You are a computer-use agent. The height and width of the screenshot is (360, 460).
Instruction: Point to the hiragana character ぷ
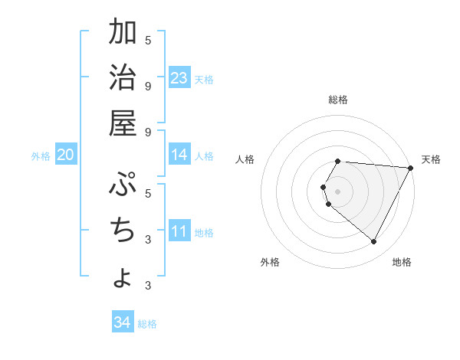[123, 184]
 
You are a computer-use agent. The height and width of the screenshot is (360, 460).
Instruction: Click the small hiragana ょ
[123, 277]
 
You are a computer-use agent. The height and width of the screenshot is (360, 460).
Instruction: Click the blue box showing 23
[179, 77]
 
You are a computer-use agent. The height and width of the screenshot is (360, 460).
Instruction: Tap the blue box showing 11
[179, 231]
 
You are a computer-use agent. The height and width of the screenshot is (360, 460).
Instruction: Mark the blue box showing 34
[122, 322]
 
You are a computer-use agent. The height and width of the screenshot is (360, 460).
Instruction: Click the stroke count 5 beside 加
[148, 40]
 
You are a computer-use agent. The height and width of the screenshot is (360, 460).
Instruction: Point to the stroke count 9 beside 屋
[148, 132]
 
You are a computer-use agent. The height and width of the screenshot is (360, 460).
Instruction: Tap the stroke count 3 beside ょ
[148, 286]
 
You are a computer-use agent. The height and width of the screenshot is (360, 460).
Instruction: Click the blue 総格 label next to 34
[147, 324]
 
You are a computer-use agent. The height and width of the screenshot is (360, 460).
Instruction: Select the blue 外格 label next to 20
[41, 156]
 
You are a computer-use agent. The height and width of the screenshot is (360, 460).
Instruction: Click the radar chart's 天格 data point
[411, 169]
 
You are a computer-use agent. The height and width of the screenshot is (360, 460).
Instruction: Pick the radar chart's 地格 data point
[374, 242]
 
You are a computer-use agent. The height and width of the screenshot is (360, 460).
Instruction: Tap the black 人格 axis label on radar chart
[245, 159]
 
